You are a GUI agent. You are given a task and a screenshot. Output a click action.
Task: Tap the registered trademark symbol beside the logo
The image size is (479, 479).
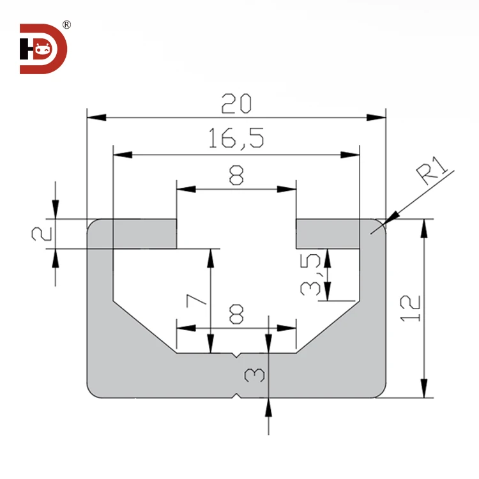[x=67, y=25]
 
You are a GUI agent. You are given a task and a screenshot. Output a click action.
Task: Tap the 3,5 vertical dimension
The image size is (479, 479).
[x=311, y=275]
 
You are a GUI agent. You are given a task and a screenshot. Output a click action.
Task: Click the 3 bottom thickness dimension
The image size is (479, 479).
[x=251, y=374]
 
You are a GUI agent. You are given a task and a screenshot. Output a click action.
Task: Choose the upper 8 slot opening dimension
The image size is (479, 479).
[x=236, y=175]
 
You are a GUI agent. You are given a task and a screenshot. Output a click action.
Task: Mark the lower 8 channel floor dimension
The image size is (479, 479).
[x=236, y=314]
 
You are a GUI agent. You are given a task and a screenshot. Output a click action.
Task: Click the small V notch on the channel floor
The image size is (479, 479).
[x=237, y=354]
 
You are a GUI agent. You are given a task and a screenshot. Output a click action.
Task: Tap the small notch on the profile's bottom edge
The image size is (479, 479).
[x=237, y=396]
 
